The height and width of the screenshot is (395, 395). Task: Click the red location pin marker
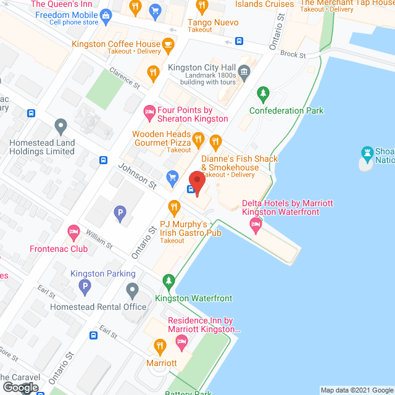click(197, 183)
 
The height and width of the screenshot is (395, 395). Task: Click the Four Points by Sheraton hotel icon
click(149, 111)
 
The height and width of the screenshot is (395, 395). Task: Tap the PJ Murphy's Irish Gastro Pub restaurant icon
click(173, 205)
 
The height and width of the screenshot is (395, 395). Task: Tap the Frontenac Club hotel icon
click(73, 233)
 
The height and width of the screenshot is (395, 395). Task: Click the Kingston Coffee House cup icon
click(167, 44)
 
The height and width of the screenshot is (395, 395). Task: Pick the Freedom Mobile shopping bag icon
click(106, 14)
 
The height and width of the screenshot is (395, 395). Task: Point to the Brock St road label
click(293, 54)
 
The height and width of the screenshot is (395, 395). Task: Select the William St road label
click(99, 239)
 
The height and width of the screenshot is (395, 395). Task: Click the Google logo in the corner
click(20, 388)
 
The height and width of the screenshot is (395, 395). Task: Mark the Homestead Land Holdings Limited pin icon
click(60, 127)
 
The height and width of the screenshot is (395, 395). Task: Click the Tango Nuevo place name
click(214, 21)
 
